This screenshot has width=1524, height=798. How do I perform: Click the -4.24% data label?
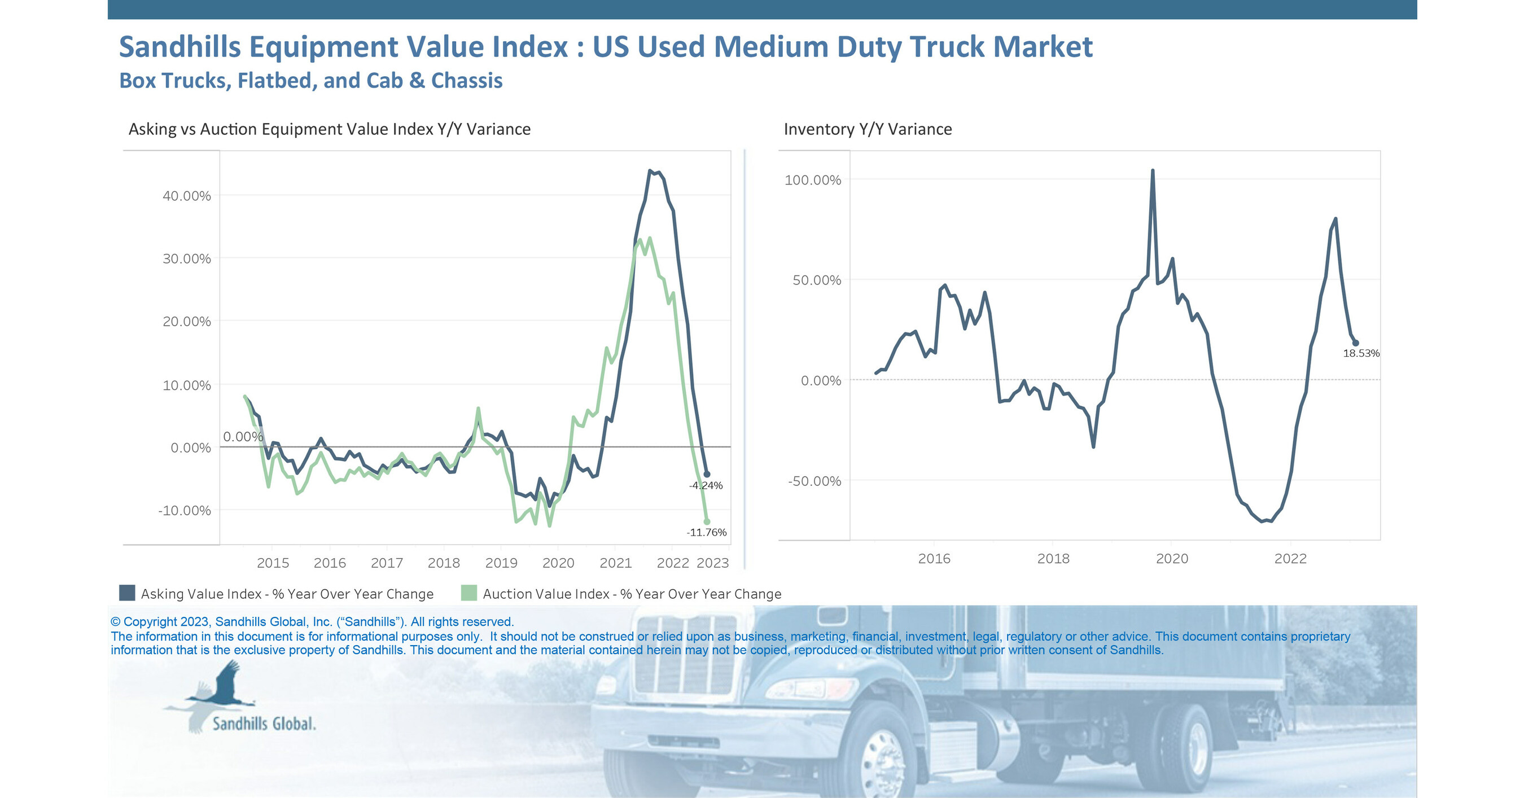[x=706, y=485]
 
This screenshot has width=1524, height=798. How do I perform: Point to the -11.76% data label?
[x=706, y=532]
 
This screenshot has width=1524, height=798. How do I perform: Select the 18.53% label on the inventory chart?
[x=1361, y=353]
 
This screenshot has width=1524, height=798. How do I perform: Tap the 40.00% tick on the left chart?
[x=186, y=196]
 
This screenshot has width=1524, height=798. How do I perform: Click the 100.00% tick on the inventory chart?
[x=812, y=180]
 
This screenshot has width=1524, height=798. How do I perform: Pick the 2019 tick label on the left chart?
[x=501, y=563]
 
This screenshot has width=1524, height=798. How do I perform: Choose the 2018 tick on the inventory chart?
[x=1053, y=558]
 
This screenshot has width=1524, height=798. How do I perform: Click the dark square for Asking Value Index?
[x=127, y=593]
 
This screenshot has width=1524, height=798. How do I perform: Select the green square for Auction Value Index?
[x=468, y=593]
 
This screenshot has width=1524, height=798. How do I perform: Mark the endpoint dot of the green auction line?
[x=706, y=521]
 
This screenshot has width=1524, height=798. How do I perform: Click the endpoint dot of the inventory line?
[x=1355, y=343]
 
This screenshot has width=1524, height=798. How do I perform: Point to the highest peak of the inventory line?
[x=1153, y=171]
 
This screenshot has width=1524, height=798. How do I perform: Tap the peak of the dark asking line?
[x=650, y=171]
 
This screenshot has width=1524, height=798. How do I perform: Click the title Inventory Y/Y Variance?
[x=868, y=129]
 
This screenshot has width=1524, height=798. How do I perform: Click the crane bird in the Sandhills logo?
[x=225, y=686]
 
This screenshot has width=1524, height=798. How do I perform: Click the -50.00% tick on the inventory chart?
[x=814, y=481]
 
